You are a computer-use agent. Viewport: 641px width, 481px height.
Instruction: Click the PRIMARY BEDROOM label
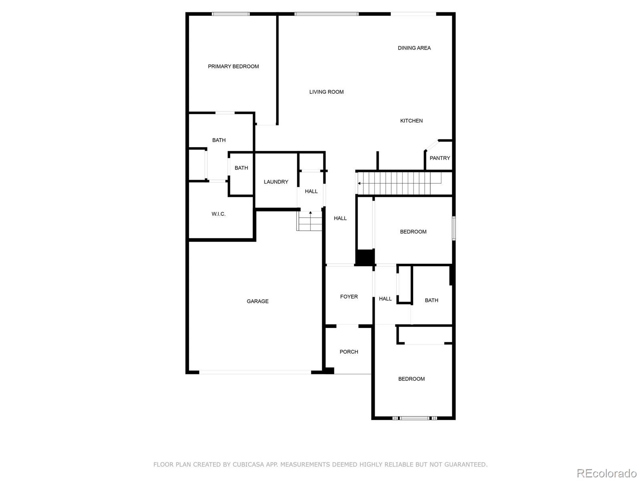click(x=233, y=67)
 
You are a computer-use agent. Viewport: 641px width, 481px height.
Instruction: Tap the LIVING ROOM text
click(x=326, y=92)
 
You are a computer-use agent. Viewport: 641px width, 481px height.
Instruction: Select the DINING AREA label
click(x=414, y=48)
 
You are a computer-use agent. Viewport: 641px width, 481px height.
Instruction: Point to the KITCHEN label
click(x=411, y=121)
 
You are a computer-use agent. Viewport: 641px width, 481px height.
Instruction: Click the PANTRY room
click(x=439, y=158)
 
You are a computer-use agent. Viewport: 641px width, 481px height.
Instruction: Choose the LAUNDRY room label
click(x=276, y=182)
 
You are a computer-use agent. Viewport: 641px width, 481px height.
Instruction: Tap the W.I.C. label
click(x=218, y=214)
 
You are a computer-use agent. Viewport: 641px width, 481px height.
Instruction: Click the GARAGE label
click(x=257, y=301)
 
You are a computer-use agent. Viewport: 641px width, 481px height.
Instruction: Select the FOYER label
click(x=349, y=297)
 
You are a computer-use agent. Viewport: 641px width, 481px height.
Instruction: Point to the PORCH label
click(x=349, y=352)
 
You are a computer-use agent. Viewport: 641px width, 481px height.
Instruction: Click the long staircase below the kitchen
click(x=399, y=183)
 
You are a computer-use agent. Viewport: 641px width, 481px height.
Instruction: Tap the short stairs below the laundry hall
click(x=310, y=221)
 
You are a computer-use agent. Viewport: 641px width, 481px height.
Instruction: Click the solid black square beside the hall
click(x=365, y=257)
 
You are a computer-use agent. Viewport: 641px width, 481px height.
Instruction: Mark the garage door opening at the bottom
click(x=255, y=372)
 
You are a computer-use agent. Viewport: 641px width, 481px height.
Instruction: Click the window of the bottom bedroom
click(x=415, y=418)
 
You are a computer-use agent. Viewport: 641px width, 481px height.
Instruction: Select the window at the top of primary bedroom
click(x=230, y=14)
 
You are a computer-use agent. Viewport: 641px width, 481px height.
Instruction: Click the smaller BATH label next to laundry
click(x=241, y=168)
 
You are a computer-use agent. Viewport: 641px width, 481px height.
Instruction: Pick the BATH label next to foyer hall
click(x=431, y=300)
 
